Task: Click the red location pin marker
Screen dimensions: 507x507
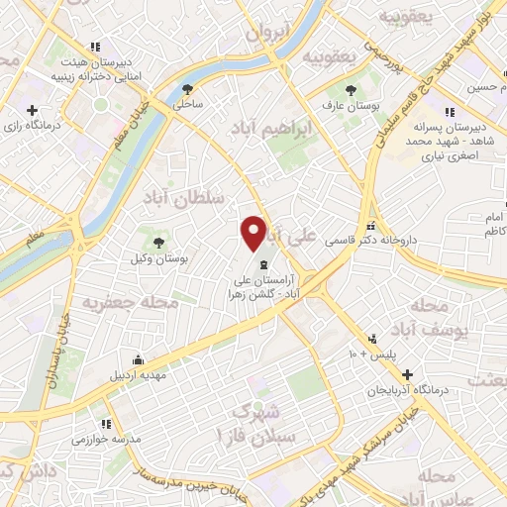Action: [x=254, y=234]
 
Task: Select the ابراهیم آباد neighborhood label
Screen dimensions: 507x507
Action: [x=270, y=129]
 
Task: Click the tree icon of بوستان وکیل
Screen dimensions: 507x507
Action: [x=158, y=243]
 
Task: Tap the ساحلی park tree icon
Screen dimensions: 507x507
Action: [x=187, y=89]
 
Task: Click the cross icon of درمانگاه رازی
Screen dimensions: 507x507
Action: [x=33, y=110]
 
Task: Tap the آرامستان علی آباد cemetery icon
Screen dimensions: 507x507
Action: [x=262, y=264]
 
